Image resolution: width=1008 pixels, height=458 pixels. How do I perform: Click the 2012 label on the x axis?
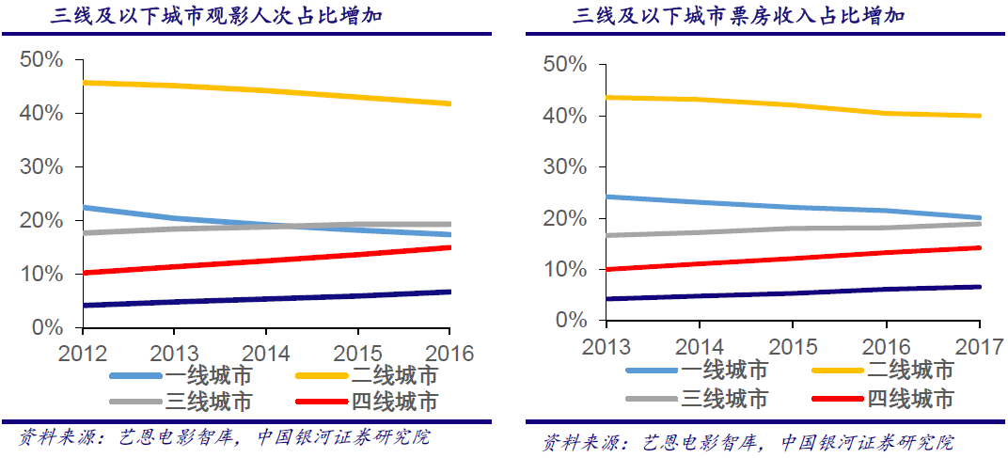pyautogui.click(x=82, y=354)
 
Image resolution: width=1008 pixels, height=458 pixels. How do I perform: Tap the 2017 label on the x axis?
pyautogui.click(x=980, y=345)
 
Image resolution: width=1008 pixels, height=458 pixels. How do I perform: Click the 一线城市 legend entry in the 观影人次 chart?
pyautogui.click(x=182, y=375)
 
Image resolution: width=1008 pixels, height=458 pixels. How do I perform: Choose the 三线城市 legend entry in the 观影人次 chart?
pyautogui.click(x=182, y=403)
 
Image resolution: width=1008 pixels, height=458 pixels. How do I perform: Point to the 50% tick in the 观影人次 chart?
pyautogui.click(x=40, y=60)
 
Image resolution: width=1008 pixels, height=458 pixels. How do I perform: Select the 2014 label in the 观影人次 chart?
pyautogui.click(x=265, y=354)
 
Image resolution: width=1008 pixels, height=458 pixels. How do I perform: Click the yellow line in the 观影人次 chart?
pyautogui.click(x=266, y=91)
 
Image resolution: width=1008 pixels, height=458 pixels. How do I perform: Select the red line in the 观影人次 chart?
pyautogui.click(x=266, y=261)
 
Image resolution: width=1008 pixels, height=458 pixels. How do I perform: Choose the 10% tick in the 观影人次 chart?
pyautogui.click(x=40, y=274)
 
